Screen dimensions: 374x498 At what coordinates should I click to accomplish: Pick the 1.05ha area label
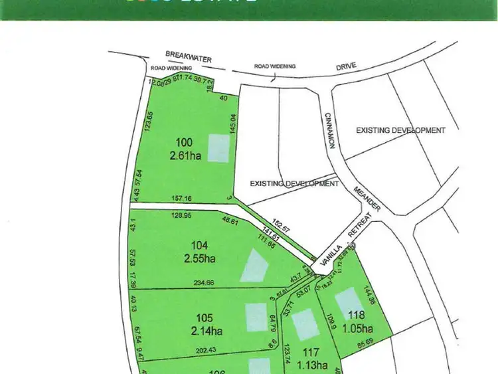coord(359,328)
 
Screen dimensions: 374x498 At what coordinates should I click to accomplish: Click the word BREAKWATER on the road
coord(189,58)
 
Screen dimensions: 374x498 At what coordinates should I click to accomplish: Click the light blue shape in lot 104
coord(255,265)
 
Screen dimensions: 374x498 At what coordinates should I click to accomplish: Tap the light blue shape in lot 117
coord(305,325)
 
